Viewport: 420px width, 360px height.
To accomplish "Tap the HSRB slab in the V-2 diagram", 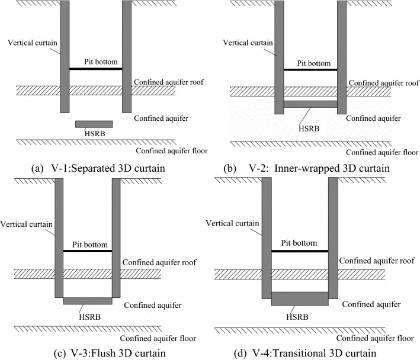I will (310, 104).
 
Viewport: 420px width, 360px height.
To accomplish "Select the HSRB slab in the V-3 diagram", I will (87, 301).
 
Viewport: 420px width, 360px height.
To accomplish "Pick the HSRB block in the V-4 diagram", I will (299, 298).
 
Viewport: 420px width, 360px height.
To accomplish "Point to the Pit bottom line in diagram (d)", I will (299, 251).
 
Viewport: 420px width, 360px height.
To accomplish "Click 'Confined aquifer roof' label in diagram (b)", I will (383, 83).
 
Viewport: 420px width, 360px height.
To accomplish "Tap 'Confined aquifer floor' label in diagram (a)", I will (171, 151).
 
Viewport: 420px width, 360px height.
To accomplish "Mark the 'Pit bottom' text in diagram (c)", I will (87, 243).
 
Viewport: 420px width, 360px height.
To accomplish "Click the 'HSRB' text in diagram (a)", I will (95, 134).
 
